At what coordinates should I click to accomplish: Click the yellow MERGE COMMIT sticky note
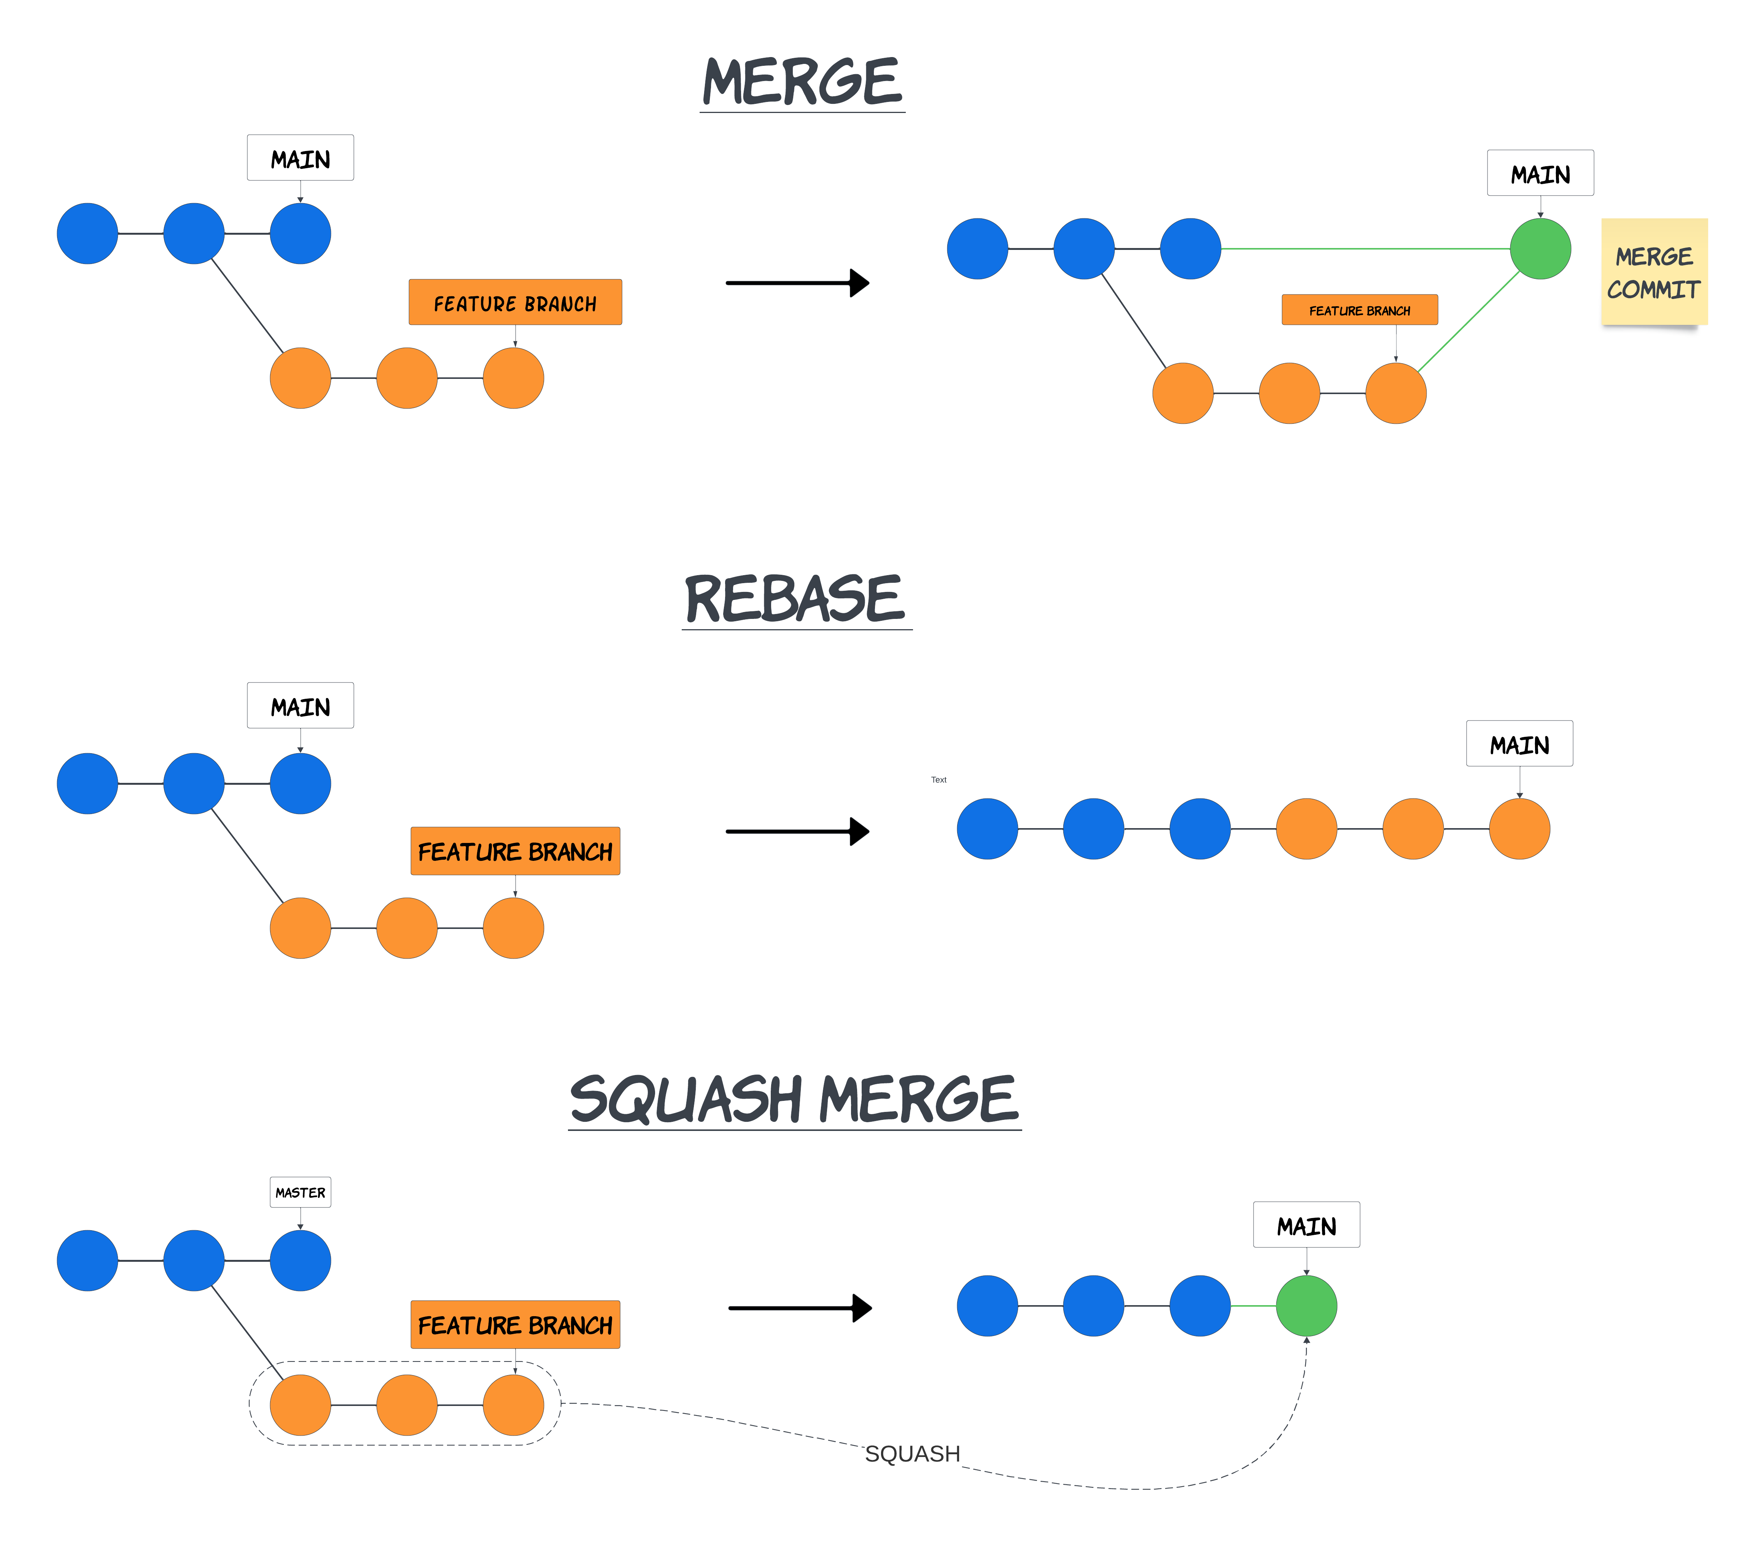(1653, 272)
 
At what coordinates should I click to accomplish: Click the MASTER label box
(300, 1192)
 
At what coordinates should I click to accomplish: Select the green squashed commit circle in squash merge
(1306, 1305)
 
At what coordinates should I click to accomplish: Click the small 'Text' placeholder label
(938, 779)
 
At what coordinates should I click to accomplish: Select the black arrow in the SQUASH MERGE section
(800, 1308)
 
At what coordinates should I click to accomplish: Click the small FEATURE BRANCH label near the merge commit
(1359, 310)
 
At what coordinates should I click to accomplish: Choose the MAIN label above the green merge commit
(1540, 173)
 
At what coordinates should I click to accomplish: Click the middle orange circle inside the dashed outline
(407, 1405)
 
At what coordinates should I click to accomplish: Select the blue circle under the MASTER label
(300, 1260)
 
